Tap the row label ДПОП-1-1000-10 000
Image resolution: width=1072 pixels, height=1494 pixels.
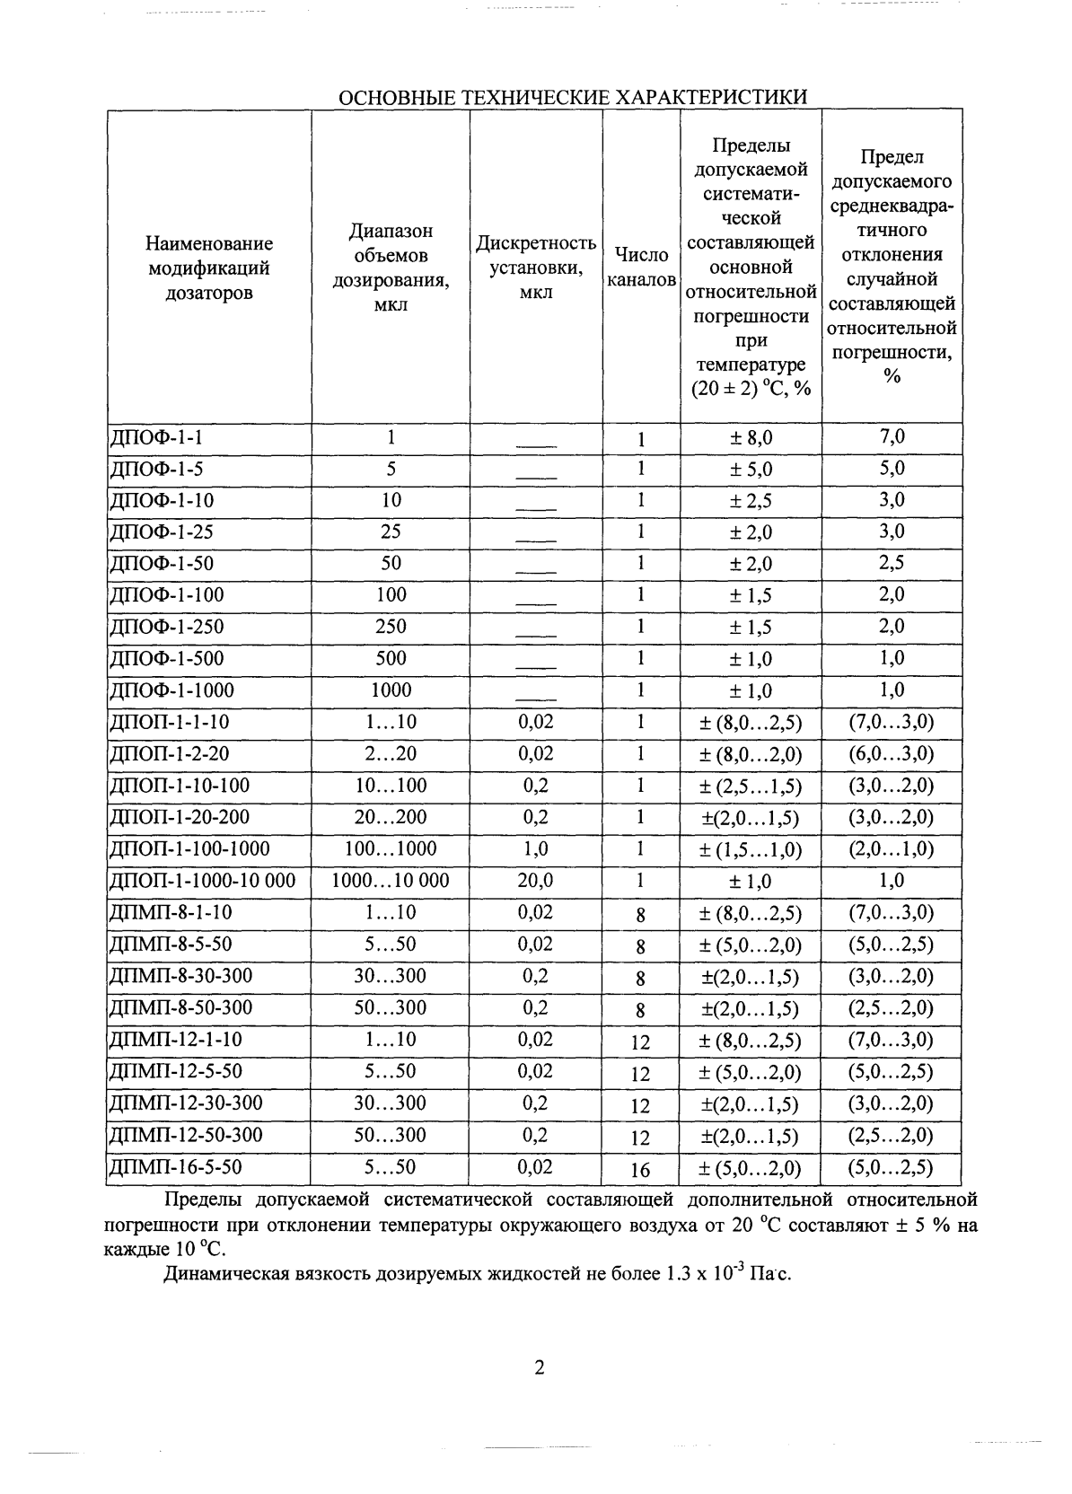(x=202, y=881)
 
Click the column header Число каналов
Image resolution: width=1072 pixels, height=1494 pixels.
(x=641, y=268)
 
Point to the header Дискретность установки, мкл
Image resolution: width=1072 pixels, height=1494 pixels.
(x=536, y=268)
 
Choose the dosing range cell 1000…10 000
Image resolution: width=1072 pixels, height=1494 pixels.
(x=391, y=881)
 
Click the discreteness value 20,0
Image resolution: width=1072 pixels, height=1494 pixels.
(x=535, y=881)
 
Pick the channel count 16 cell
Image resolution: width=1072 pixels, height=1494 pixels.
(x=640, y=1170)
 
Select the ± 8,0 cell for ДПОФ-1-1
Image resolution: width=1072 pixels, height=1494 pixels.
(x=751, y=438)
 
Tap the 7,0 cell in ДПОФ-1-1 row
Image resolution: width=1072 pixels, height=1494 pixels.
(x=892, y=437)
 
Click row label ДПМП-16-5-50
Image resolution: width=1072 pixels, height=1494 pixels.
(x=175, y=1167)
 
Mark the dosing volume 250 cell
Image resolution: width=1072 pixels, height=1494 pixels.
(x=391, y=627)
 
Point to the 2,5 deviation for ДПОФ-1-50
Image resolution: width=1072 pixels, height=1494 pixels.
(x=892, y=563)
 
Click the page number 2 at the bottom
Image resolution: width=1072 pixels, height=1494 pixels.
(x=539, y=1368)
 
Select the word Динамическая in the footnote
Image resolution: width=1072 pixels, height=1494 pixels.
(x=223, y=1273)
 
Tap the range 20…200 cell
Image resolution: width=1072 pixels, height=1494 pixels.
(x=391, y=817)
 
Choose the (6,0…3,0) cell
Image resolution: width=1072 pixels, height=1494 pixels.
(x=891, y=753)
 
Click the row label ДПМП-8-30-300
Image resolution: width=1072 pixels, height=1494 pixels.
(x=180, y=976)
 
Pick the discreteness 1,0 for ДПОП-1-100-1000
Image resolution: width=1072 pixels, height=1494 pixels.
(x=535, y=848)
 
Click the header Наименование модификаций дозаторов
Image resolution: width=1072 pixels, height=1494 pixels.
(x=209, y=268)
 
